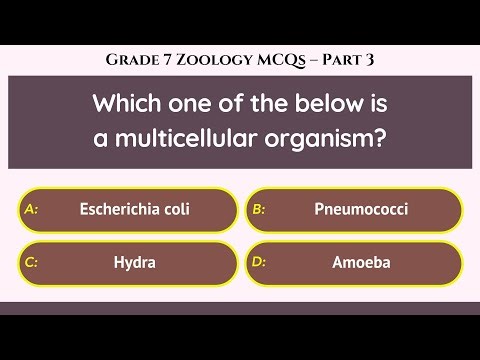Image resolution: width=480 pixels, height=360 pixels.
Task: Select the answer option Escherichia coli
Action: tap(134, 209)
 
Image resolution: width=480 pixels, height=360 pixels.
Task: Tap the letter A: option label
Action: tap(30, 209)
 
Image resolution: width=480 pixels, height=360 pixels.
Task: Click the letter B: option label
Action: tap(258, 209)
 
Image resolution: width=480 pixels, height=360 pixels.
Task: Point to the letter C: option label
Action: tap(30, 264)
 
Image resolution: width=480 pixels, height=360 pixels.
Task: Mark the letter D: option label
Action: tap(258, 264)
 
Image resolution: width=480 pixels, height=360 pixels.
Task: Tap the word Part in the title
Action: tap(345, 60)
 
